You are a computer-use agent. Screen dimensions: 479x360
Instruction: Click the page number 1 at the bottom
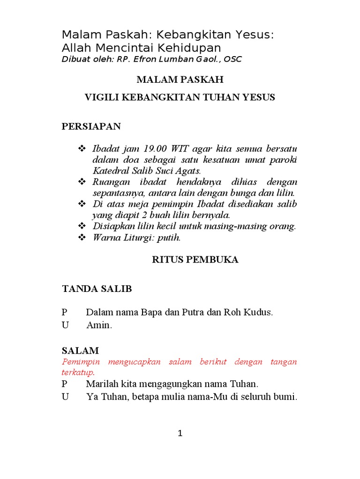pos(180,434)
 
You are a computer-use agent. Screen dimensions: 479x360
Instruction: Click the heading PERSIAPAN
pos(91,126)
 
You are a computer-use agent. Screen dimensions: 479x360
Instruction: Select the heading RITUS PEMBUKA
pos(195,260)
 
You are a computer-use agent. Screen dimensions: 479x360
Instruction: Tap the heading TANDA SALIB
pos(97,289)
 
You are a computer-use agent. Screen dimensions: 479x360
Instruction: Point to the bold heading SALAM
pos(80,351)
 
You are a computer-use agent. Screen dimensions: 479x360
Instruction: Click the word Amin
pos(99,326)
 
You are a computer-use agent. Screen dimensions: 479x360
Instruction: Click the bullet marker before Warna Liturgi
pos(82,238)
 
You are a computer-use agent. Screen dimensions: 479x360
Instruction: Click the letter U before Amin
pos(65,326)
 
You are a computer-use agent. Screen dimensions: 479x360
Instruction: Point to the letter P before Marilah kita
pos(65,385)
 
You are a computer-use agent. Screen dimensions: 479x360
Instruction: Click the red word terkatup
pos(78,373)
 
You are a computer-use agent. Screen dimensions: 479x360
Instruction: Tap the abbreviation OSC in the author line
pos(233,59)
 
